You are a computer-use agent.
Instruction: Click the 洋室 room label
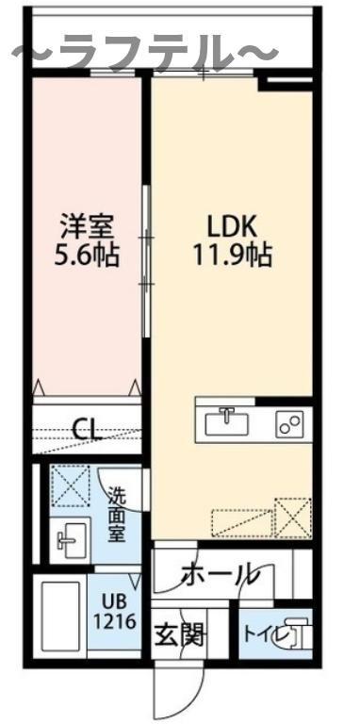[88, 227]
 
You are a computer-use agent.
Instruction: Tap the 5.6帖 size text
[88, 255]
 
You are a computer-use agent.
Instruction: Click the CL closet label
[88, 431]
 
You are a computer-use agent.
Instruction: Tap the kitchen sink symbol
[226, 421]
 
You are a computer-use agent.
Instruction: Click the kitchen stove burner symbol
[288, 424]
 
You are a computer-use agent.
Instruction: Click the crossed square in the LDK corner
[292, 517]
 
